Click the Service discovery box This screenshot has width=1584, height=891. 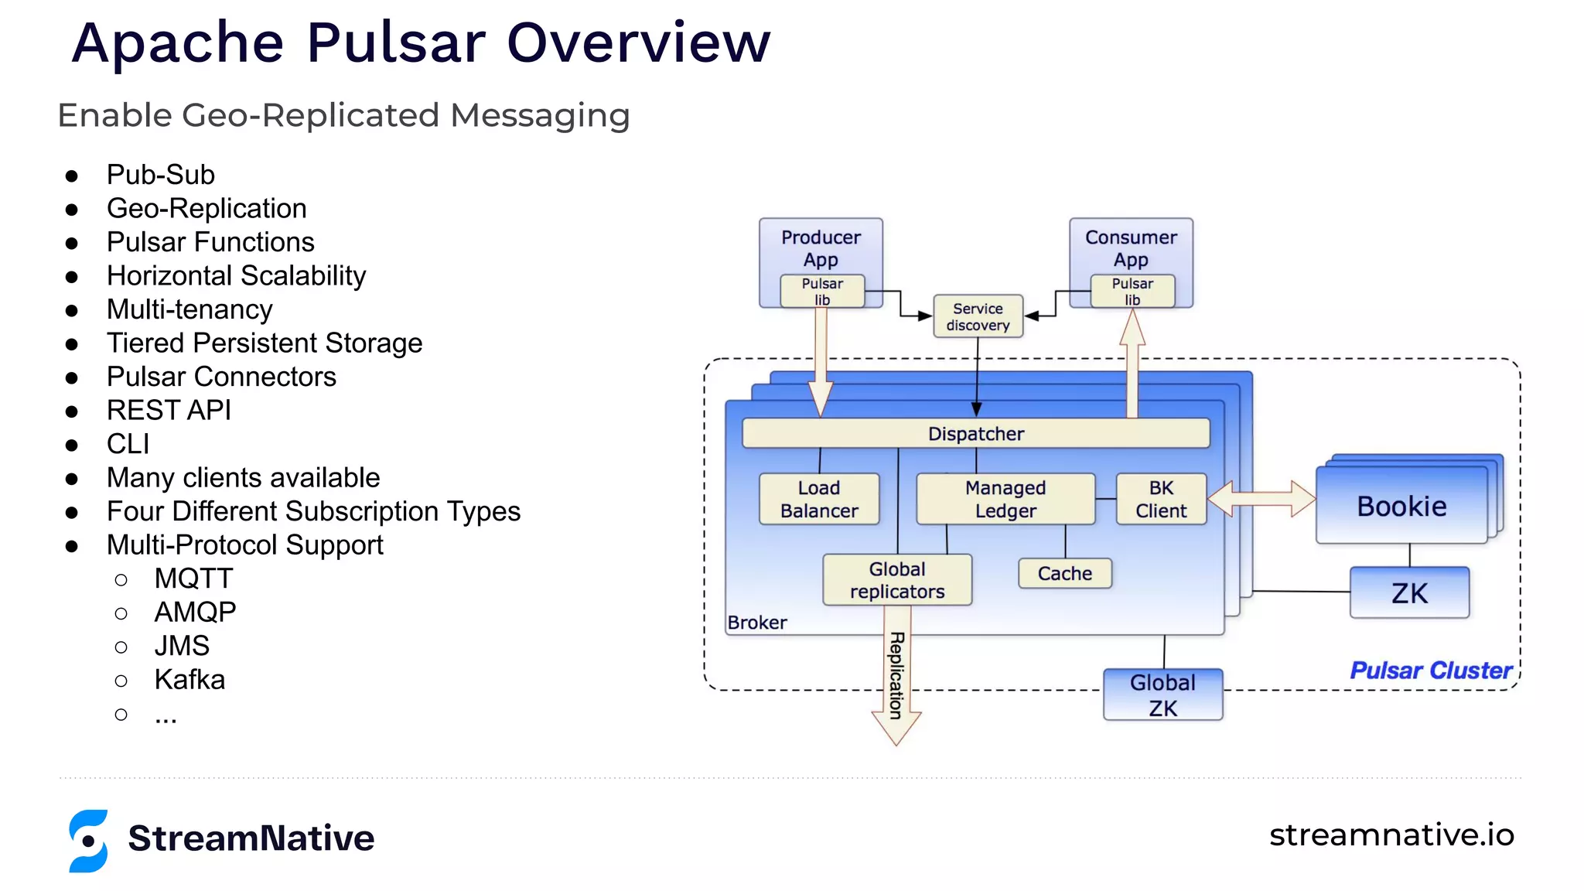(x=978, y=316)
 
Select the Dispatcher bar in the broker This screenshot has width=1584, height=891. (x=975, y=434)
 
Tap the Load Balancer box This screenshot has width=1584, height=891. (x=819, y=500)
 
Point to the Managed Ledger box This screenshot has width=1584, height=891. (x=1005, y=500)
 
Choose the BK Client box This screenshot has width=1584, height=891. (x=1161, y=500)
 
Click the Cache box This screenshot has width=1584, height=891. (x=1064, y=574)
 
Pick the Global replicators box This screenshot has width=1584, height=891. (x=897, y=580)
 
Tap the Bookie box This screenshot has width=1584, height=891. (x=1401, y=507)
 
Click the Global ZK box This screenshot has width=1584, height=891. (x=1162, y=695)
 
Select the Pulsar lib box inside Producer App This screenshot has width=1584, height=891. (x=822, y=292)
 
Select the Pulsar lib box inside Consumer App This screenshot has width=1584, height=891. (x=1132, y=292)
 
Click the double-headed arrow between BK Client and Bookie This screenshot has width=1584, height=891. (x=1261, y=499)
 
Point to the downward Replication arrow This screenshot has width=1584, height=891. (x=896, y=681)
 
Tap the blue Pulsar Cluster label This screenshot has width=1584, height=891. (x=1430, y=671)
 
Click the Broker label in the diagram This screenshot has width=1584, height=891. (x=756, y=623)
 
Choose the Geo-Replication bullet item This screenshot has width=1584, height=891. (x=207, y=209)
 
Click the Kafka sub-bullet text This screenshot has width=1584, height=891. (x=189, y=680)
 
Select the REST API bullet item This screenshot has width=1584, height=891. (x=169, y=411)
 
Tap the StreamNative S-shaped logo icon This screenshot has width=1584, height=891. (x=88, y=841)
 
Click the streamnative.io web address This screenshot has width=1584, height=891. (x=1391, y=835)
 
